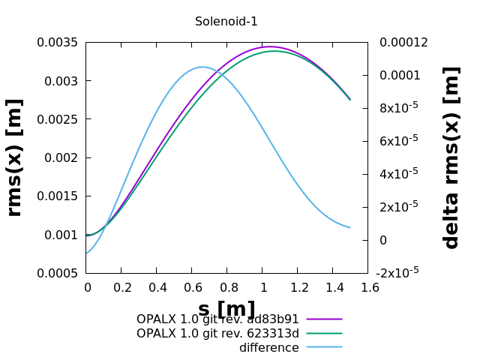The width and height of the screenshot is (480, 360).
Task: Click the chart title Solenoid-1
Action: coord(226,22)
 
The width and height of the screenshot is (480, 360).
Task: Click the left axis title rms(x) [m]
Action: coord(14,157)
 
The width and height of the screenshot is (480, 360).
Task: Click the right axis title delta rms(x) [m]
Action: coord(451,157)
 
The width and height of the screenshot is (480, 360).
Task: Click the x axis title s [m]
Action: coord(226,309)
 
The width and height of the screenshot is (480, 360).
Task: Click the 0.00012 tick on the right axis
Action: coord(403,43)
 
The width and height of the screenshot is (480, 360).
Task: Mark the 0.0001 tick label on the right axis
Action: coord(399,76)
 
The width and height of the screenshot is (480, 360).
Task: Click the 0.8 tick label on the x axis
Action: coord(226,287)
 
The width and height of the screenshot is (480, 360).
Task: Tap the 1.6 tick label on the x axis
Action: coord(367,287)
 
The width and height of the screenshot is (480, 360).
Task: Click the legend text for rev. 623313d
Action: coord(217,334)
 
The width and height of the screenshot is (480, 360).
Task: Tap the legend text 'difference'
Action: coord(268,348)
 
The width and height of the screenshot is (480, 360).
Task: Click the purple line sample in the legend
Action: coord(324,319)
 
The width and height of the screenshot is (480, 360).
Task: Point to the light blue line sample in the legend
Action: coord(324,348)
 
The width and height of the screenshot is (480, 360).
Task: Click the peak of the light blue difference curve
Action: coord(202,67)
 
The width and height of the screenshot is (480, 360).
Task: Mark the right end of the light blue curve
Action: coord(349,227)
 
